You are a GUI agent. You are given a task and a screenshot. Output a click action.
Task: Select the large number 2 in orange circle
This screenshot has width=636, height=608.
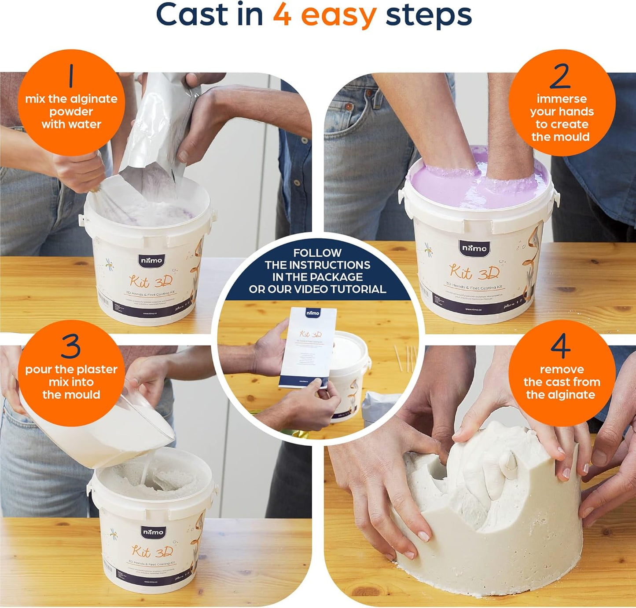(x=560, y=76)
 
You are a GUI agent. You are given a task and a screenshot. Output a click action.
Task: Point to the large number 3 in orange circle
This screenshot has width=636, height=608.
(x=71, y=346)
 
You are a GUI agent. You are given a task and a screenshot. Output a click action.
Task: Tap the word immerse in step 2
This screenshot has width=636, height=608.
(x=561, y=99)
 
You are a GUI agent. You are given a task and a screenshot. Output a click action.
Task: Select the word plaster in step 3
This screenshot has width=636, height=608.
(x=96, y=369)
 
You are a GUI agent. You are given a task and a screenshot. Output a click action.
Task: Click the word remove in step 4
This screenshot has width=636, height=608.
(x=562, y=369)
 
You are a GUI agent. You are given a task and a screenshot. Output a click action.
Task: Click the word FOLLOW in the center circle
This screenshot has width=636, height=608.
(x=317, y=253)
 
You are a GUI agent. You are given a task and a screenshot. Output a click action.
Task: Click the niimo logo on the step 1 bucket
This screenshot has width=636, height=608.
(x=151, y=260)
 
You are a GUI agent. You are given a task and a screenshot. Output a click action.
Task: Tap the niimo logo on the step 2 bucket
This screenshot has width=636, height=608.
(x=474, y=248)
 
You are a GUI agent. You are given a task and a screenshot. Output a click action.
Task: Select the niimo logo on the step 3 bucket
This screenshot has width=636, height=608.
(x=153, y=532)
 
